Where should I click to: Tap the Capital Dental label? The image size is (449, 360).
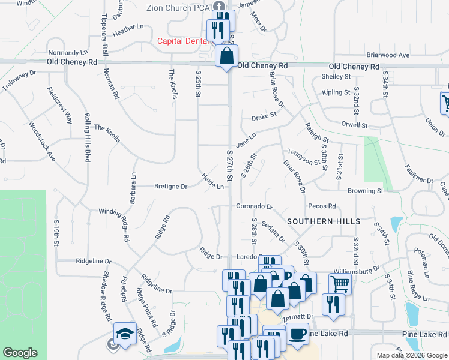pos(182,41)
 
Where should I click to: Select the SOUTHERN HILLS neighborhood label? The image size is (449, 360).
pos(318,221)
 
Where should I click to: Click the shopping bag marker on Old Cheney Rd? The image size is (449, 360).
pos(227,58)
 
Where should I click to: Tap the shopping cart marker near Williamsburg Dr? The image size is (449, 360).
pos(339,284)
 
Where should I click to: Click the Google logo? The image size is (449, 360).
pos(20,353)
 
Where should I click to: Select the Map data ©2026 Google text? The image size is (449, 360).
pos(411,355)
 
